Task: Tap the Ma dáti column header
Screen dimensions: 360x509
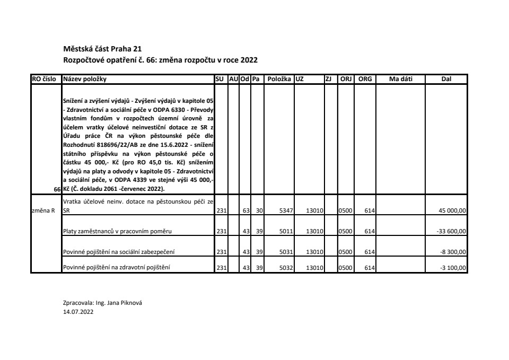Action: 400,79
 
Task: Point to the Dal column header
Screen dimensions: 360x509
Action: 446,79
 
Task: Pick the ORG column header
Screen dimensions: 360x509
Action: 365,79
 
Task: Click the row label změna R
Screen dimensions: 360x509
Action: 42,211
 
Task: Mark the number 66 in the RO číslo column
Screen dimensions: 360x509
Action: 57,189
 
